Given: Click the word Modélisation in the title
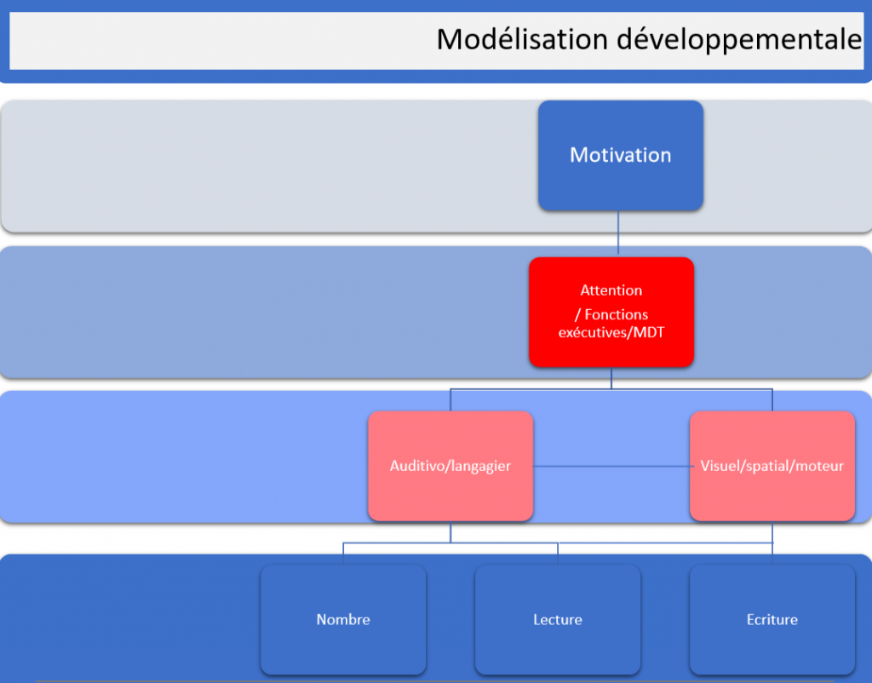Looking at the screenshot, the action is (522, 39).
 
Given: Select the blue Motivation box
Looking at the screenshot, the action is (621, 156).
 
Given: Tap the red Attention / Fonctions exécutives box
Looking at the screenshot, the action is (611, 312).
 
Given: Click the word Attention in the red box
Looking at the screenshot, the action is (611, 290).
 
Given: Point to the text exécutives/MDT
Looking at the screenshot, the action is (611, 333).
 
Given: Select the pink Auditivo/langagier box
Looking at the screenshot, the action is (450, 466).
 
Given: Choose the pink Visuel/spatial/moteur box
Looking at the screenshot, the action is (772, 466).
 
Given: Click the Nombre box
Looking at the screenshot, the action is (343, 620).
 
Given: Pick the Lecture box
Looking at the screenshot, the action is (558, 620).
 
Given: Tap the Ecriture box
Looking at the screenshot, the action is (772, 620).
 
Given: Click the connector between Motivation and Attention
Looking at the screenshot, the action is (618, 232).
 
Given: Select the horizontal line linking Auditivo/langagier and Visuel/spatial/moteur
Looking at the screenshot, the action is (611, 466).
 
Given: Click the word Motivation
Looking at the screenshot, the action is (621, 155).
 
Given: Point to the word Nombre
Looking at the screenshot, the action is (343, 620).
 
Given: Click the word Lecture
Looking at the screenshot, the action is (558, 620).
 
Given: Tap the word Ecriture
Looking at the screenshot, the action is (772, 620).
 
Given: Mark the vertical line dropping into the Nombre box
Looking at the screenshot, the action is (343, 554).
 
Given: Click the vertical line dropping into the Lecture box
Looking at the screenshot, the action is (558, 554).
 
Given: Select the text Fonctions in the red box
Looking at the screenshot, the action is (617, 315).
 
